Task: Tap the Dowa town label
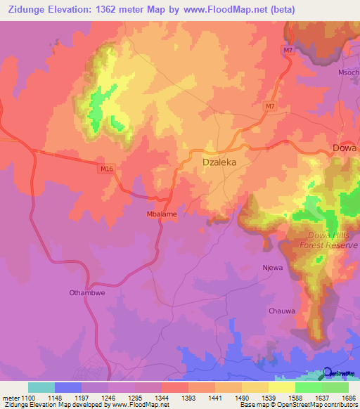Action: click(x=345, y=148)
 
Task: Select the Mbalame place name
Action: click(x=161, y=214)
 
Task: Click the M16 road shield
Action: click(x=106, y=168)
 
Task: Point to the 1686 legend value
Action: click(x=349, y=397)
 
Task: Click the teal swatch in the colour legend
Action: click(x=41, y=387)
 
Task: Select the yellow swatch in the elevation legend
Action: click(x=282, y=387)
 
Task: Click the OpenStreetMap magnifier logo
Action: click(x=328, y=373)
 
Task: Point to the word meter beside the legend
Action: click(x=10, y=397)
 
